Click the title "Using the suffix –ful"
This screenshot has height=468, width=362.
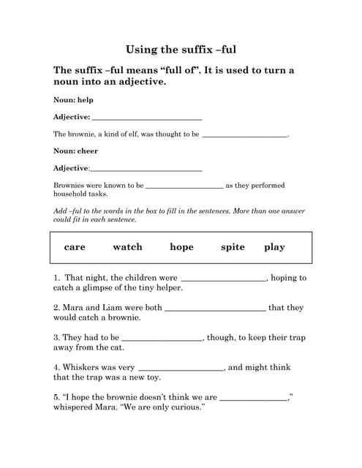181,50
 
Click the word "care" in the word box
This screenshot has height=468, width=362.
75,247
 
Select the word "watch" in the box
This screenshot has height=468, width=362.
127,247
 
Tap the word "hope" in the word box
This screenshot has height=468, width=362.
181,247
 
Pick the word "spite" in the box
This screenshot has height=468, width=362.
233,247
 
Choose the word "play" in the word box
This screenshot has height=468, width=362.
274,247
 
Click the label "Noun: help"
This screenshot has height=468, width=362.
73,99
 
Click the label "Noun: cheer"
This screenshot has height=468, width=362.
75,151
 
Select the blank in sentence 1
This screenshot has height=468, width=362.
223,279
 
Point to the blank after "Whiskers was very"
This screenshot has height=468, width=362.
181,369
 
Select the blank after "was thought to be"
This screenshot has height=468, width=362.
244,135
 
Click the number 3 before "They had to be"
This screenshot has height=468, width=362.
56,338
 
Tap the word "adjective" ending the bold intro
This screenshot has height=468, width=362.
140,82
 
